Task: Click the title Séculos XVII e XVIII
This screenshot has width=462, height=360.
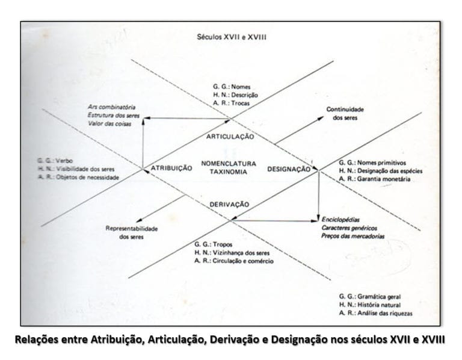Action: coord(232,37)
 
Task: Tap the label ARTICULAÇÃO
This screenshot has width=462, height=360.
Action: coord(230,137)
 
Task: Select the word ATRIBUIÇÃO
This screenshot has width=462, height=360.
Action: coord(171,168)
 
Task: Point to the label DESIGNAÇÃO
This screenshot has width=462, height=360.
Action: coord(289,169)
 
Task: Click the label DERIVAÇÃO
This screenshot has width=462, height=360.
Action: coord(229,204)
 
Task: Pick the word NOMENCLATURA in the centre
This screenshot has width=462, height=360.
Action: coord(229,163)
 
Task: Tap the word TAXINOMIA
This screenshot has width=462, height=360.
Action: coord(229,172)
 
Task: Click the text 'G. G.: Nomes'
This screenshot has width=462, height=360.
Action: coord(232,87)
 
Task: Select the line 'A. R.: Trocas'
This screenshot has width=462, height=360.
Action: coord(231,103)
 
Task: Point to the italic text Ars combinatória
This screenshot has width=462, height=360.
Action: coord(111,107)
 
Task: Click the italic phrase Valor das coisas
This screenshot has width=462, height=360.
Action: coord(109,123)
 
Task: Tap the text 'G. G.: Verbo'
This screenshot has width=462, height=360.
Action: coord(55,161)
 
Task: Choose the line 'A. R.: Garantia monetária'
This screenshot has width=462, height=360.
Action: coord(375,179)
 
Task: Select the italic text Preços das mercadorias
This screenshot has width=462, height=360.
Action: coord(353,236)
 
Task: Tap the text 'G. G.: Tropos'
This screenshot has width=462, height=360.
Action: coord(214,244)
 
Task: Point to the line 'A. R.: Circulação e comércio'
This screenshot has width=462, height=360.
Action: coord(234,261)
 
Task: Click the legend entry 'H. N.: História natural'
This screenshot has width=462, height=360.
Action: coord(370,305)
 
